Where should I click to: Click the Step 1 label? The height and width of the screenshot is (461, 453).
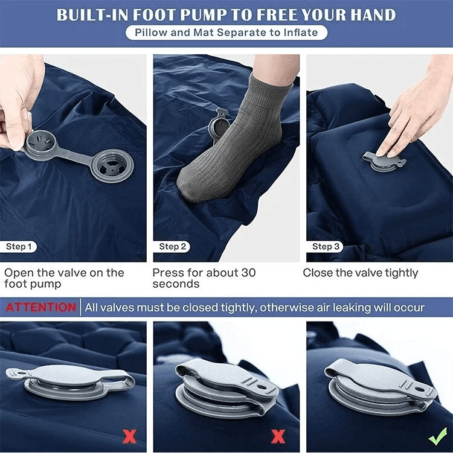point(19,246)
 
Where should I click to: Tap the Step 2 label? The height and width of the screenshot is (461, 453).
point(172,246)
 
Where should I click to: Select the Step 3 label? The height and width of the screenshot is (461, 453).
point(325,246)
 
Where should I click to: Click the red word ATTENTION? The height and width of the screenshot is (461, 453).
point(40,307)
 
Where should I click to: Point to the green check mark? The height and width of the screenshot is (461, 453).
point(438,436)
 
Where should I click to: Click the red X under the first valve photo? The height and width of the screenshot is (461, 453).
point(129,436)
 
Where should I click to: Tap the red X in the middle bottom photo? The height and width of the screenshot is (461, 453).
point(278,436)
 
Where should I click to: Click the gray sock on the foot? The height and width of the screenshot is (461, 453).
point(230,141)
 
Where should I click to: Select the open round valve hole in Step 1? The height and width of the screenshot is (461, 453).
point(113,165)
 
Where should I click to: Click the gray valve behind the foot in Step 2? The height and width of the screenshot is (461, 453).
point(218,125)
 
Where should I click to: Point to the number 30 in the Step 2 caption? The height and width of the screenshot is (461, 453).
point(248,273)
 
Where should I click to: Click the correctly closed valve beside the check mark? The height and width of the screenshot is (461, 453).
point(381,387)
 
